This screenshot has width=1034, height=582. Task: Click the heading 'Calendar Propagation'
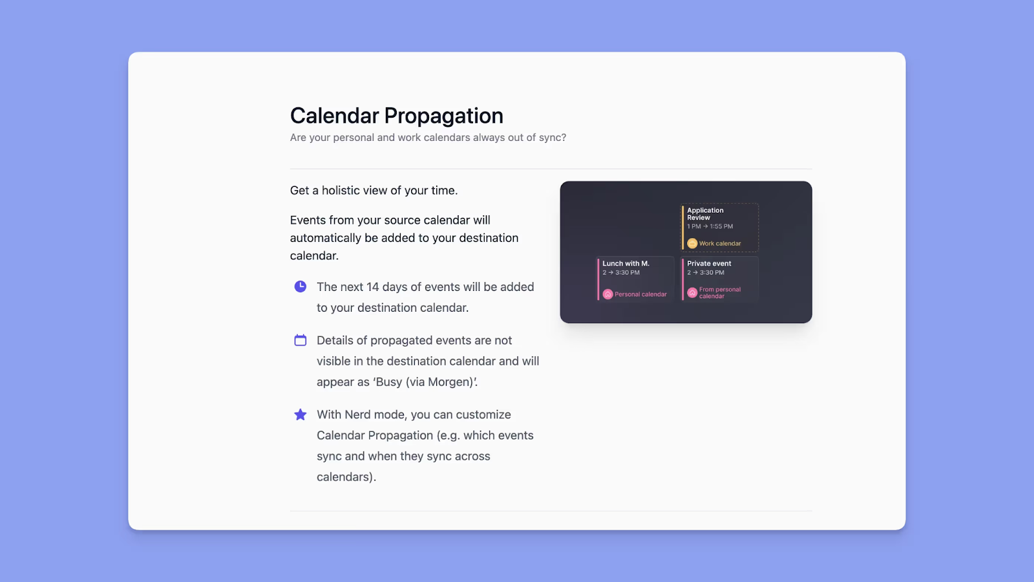(x=396, y=116)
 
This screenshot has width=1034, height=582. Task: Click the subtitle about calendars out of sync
(x=428, y=138)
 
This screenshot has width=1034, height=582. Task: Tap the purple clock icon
(x=301, y=286)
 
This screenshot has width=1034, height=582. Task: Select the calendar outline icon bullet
(x=301, y=340)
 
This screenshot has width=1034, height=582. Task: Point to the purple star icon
(x=301, y=415)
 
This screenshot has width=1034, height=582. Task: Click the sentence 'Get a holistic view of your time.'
(x=374, y=191)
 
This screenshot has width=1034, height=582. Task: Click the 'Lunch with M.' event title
(x=626, y=264)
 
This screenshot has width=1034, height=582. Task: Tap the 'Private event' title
(x=709, y=264)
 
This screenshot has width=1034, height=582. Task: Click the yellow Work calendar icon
(x=692, y=244)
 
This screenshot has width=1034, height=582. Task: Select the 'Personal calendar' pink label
(x=640, y=294)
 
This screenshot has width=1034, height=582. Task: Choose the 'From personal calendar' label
(x=719, y=293)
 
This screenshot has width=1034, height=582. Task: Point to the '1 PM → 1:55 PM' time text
(x=710, y=227)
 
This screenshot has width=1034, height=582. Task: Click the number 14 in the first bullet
(x=372, y=287)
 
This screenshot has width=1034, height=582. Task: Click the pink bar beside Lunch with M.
(x=598, y=279)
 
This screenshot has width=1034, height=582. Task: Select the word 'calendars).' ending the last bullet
(x=346, y=477)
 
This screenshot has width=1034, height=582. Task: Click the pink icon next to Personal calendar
(x=607, y=294)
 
